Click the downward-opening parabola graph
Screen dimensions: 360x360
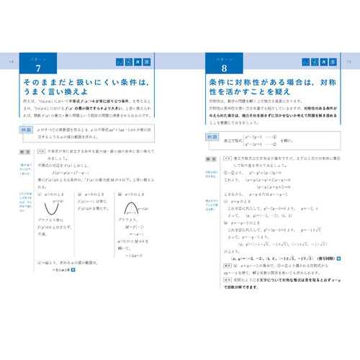(130, 210)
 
